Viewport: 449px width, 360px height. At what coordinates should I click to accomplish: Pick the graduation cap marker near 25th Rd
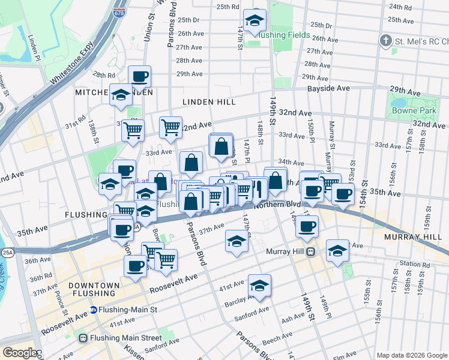tap(255, 22)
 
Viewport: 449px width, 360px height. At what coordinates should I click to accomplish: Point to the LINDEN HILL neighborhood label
tap(209, 103)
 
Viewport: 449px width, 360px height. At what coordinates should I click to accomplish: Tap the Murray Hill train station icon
tap(310, 251)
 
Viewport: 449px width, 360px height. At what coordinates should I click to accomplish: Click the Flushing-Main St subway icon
tap(94, 310)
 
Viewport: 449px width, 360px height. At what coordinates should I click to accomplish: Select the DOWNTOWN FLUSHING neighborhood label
tap(91, 289)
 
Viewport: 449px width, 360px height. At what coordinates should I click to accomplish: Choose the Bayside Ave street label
tap(328, 88)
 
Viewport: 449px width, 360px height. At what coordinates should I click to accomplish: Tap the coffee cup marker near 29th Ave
tap(139, 77)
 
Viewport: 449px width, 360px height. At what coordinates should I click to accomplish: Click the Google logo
tap(21, 352)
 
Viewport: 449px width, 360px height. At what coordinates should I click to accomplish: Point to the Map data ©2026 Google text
tap(411, 355)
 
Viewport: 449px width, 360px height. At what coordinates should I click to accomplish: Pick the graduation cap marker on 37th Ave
tap(237, 241)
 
